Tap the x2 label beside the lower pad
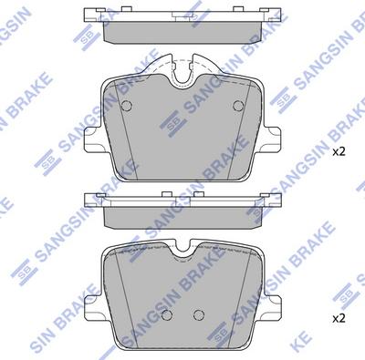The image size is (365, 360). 338,318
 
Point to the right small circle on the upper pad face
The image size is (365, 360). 239,103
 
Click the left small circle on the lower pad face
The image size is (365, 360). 166,315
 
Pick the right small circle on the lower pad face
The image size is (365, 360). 197,315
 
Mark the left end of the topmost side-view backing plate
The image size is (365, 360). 89,15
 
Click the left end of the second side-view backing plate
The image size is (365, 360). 89,201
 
